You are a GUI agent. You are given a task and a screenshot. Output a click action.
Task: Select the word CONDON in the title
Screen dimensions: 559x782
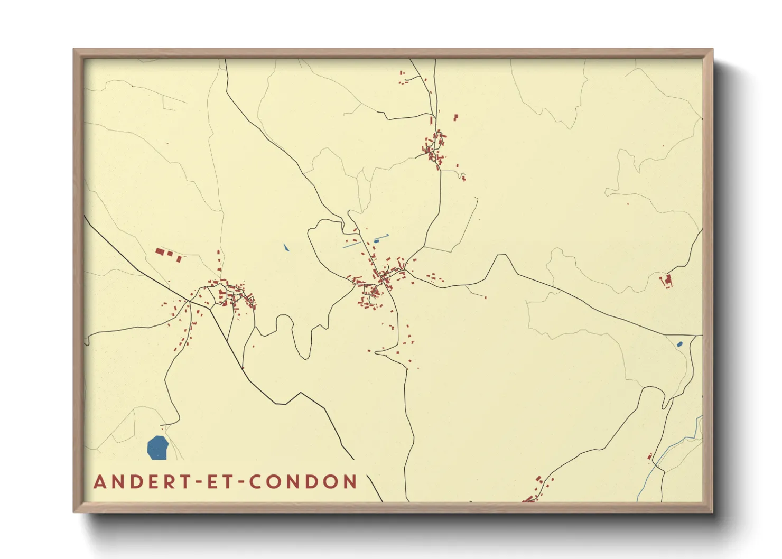(x=303, y=482)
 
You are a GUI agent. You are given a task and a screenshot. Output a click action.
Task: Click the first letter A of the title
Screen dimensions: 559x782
(x=100, y=482)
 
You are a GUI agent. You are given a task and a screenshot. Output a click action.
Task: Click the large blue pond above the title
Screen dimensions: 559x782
(x=157, y=448)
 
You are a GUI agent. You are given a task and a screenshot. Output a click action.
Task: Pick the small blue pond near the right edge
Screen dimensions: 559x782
(x=679, y=344)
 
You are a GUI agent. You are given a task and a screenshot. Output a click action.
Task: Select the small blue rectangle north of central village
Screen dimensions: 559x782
(x=377, y=241)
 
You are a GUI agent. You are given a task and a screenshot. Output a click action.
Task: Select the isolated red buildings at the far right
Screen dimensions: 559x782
(x=667, y=280)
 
